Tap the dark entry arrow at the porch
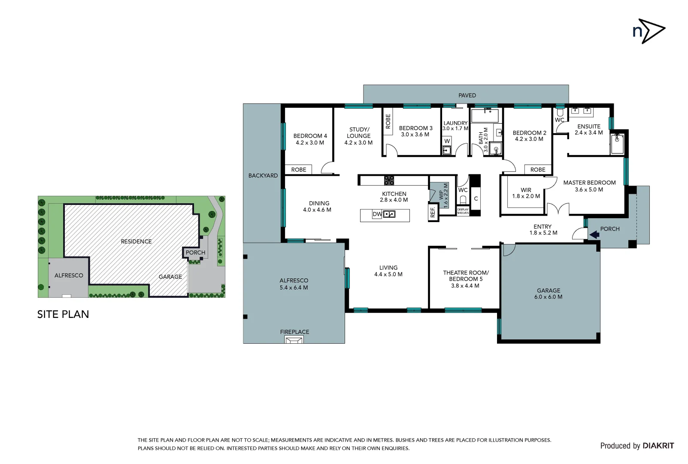coord(594,235)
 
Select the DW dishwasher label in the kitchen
coord(377,214)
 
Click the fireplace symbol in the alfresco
coord(294,340)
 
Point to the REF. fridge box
coord(433,212)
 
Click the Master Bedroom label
coord(589,183)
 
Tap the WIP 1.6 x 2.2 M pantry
coord(443,195)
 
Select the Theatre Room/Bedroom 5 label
coord(466,276)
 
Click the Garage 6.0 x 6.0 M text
coord(549,294)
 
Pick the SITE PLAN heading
coord(63,314)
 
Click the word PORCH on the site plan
coord(195,253)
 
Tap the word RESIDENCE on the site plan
coord(136,241)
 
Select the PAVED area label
coord(467,95)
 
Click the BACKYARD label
coord(263,176)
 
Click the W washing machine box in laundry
coord(447,141)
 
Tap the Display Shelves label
coord(463,211)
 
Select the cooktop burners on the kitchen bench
coord(389,180)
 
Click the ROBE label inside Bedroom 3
coord(388,121)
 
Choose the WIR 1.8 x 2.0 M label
coord(526,193)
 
